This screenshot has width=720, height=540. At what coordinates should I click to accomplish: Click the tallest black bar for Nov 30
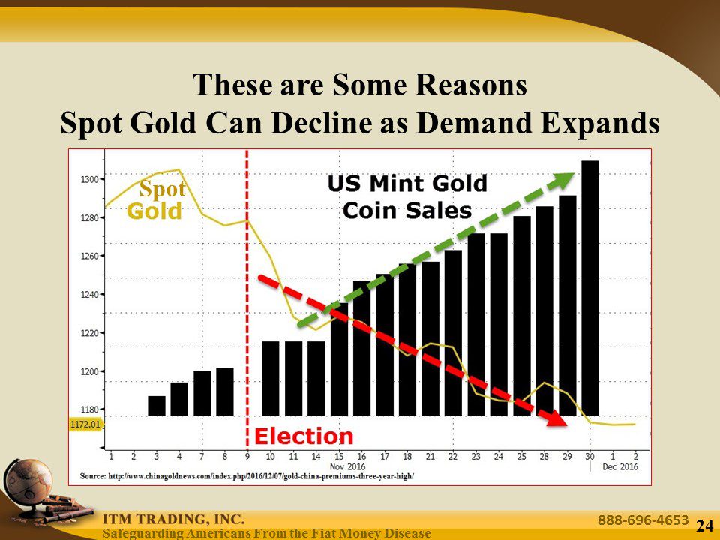590,289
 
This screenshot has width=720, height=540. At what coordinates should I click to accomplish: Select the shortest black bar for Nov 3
157,406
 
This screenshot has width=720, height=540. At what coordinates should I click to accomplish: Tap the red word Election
304,436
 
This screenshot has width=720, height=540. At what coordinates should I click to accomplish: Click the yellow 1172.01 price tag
85,424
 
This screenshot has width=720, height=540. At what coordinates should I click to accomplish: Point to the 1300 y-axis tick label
88,179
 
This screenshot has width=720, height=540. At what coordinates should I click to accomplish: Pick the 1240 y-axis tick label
88,295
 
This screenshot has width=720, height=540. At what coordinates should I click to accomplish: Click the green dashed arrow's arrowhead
565,179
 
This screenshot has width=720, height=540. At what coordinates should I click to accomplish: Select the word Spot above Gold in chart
162,190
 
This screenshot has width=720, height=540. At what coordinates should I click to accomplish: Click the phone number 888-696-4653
643,520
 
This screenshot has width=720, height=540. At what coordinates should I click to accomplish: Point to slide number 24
704,526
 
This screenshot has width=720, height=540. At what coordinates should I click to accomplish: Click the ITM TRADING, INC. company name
174,519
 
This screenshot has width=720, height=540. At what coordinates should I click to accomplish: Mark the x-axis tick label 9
247,455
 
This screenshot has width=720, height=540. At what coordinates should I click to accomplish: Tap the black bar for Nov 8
225,391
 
